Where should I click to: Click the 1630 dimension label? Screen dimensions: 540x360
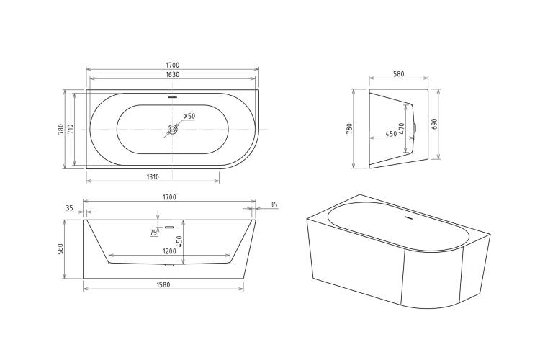click(173, 74)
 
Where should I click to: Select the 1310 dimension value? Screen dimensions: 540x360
click(153, 176)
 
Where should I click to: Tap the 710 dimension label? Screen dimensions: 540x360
click(71, 129)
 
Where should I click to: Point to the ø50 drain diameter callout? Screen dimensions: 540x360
click(189, 116)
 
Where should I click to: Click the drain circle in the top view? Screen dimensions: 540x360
click(172, 130)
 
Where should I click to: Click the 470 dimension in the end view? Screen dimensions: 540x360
click(401, 128)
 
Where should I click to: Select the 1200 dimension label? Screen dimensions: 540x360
click(169, 251)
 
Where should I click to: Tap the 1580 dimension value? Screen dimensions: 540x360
click(163, 284)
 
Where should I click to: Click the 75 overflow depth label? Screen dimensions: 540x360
click(153, 233)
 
